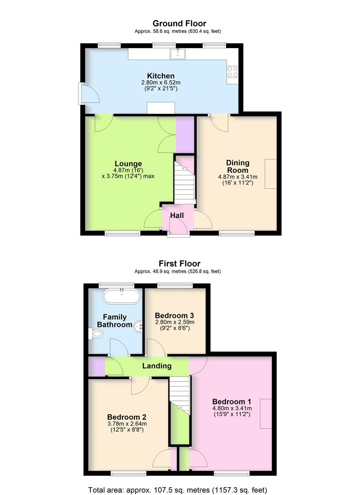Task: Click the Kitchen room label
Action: click(161, 76)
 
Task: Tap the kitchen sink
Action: click(178, 54)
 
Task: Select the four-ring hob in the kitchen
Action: click(233, 71)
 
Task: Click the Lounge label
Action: click(128, 164)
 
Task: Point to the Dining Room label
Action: click(238, 166)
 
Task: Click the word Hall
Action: click(177, 215)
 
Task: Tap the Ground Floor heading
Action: click(179, 23)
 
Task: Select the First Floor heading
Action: click(179, 264)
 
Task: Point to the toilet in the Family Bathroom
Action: click(95, 335)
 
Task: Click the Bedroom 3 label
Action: click(174, 315)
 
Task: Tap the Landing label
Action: click(157, 366)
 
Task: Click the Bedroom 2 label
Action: click(127, 417)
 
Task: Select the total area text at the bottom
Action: click(179, 489)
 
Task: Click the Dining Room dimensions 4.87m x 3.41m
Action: click(238, 177)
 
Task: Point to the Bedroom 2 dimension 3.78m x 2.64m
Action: click(127, 424)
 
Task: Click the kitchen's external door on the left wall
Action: click(81, 92)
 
